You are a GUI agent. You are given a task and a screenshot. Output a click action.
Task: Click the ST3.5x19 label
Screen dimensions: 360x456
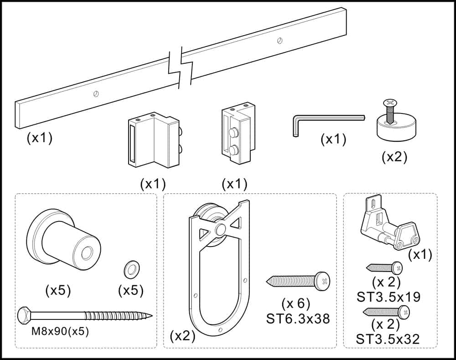click(389, 297)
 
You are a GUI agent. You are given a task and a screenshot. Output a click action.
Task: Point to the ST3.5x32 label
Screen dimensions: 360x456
click(389, 339)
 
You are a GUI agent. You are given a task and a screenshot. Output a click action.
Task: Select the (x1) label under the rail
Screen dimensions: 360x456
click(40, 137)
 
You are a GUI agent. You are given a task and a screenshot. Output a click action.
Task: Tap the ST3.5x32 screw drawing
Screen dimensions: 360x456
click(386, 312)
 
